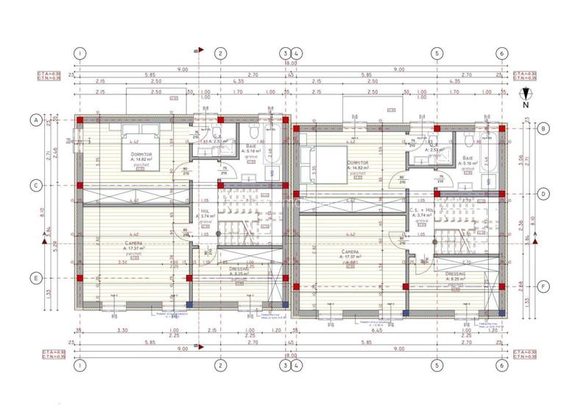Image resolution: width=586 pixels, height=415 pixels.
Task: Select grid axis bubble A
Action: (34, 119)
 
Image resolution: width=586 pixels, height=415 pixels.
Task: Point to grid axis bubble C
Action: (34, 186)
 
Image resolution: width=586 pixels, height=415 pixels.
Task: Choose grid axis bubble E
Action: (34, 278)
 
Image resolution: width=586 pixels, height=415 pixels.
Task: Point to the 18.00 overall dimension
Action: (291, 63)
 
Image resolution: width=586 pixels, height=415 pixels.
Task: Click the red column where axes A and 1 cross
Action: (80, 119)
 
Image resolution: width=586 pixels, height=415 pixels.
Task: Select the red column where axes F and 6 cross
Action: (501, 285)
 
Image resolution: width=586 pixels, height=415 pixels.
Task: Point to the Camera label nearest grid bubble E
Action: (133, 243)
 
